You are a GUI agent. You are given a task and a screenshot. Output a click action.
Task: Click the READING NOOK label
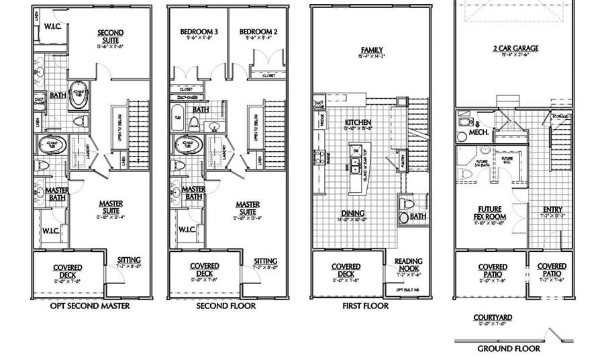tap(407, 265)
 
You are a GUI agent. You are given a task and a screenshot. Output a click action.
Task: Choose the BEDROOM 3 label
tap(196, 32)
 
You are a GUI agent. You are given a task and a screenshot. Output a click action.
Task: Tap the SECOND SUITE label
tap(110, 36)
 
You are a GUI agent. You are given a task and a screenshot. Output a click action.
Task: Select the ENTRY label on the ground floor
tap(552, 209)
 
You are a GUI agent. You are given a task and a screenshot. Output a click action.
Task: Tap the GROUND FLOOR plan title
tap(509, 348)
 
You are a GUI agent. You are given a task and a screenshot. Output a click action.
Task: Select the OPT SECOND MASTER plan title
tap(89, 306)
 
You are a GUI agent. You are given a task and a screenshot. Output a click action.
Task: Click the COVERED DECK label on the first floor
tap(346, 270)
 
